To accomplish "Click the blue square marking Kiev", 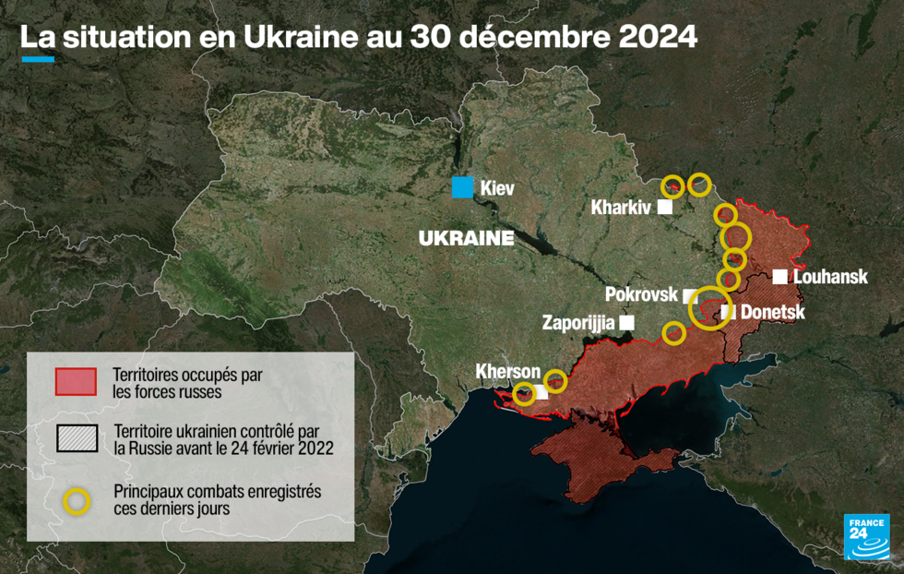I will coord(462,186).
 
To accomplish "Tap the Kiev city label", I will coord(496,188).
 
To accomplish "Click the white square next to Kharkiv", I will coord(664,208).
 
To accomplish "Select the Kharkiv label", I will coord(620,209).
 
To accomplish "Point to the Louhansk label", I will coord(830,277).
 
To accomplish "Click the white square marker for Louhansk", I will coord(780,276).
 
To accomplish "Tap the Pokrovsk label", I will coord(642,295).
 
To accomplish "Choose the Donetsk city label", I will coord(773,313).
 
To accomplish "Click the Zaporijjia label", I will coord(578,323).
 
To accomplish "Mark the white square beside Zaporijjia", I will coord(628,322).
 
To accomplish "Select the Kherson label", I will coord(507,371).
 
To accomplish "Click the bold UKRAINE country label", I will coord(466,238).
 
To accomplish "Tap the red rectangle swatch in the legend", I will coord(77,380).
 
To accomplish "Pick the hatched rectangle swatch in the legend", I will coord(77,438).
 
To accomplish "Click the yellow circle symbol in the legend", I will coord(77,500).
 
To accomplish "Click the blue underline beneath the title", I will coord(38,60).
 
